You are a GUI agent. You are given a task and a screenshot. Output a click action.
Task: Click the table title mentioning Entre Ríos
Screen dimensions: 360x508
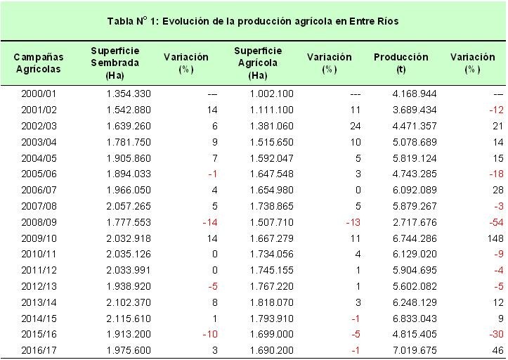click(253, 21)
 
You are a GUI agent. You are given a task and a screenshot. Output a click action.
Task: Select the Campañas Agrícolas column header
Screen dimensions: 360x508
click(40, 63)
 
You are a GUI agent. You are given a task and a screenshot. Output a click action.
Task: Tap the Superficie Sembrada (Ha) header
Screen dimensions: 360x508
click(115, 63)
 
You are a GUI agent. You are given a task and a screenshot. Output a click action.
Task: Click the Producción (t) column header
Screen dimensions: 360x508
click(400, 63)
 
